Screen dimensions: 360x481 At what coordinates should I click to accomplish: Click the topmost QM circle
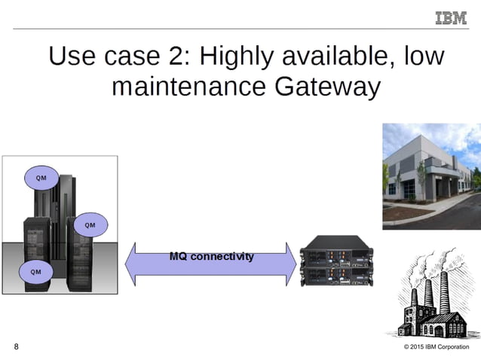coord(41,178)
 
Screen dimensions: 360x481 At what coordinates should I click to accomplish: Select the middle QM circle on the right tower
coord(90,224)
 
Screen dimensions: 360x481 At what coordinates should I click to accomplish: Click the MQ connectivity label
coord(211,256)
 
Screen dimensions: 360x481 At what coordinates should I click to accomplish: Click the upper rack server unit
coord(335,249)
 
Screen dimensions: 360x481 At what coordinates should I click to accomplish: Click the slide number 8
coord(17,346)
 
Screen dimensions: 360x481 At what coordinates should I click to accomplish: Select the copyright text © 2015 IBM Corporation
coord(436,347)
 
